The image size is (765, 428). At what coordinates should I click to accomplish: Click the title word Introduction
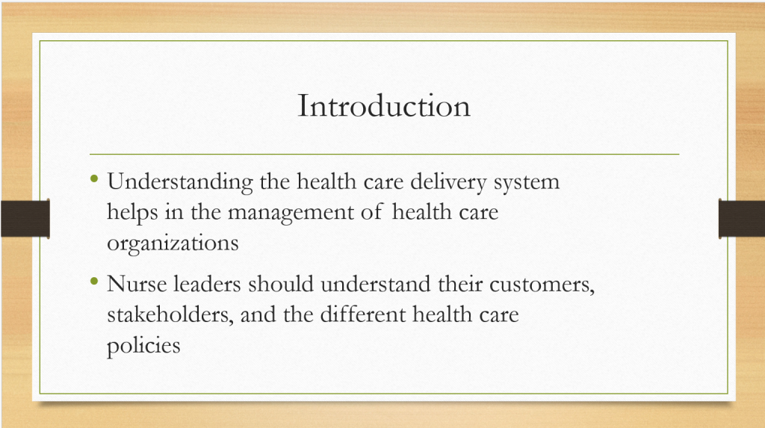click(384, 105)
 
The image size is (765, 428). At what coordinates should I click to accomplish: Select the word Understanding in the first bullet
click(180, 182)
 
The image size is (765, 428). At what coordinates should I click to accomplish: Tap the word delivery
click(448, 182)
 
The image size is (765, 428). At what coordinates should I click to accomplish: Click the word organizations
click(173, 244)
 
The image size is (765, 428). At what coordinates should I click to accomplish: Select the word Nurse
click(137, 284)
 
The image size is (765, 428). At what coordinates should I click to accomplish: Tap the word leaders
click(208, 284)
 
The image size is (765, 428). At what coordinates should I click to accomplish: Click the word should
click(281, 284)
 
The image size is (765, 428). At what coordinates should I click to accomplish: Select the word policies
click(143, 346)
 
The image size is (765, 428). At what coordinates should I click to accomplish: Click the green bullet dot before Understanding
click(94, 179)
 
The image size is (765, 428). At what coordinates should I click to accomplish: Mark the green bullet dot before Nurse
click(94, 281)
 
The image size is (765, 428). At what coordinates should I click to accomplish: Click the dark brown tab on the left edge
click(25, 219)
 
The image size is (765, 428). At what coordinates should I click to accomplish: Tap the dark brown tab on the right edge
click(742, 219)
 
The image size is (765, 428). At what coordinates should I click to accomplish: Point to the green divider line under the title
click(385, 154)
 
